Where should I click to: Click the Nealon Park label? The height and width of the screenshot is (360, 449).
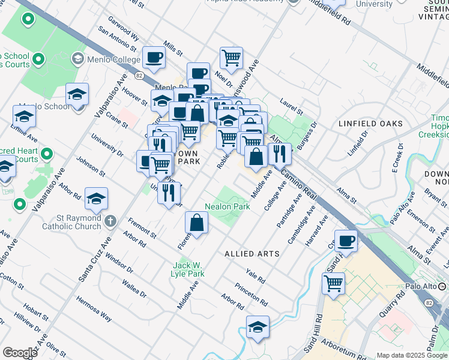228,206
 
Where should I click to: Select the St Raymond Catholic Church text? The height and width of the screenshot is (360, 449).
71,222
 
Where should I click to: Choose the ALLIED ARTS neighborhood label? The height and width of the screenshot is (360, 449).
252,254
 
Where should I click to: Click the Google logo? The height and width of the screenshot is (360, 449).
20,353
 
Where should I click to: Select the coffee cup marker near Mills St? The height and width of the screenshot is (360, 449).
154,58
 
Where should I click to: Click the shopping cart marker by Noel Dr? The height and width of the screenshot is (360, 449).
231,58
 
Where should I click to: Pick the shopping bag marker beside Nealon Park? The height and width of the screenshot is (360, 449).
196,223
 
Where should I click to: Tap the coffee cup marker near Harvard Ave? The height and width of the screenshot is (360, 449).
346,241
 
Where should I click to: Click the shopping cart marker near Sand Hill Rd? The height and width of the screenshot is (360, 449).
333,283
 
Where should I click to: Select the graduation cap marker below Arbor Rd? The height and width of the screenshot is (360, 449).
258,327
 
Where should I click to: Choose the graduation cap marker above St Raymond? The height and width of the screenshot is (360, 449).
96,199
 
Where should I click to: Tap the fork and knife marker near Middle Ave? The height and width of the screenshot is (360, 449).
280,154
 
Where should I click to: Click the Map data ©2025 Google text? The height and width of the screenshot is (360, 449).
411,355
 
